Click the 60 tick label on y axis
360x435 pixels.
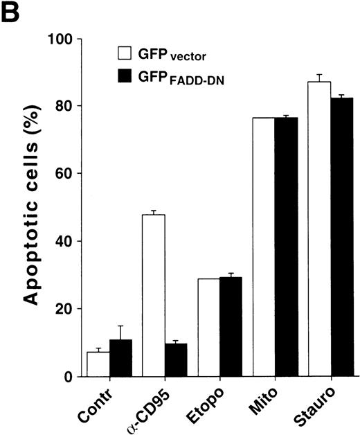64,174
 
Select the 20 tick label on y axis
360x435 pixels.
64,309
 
